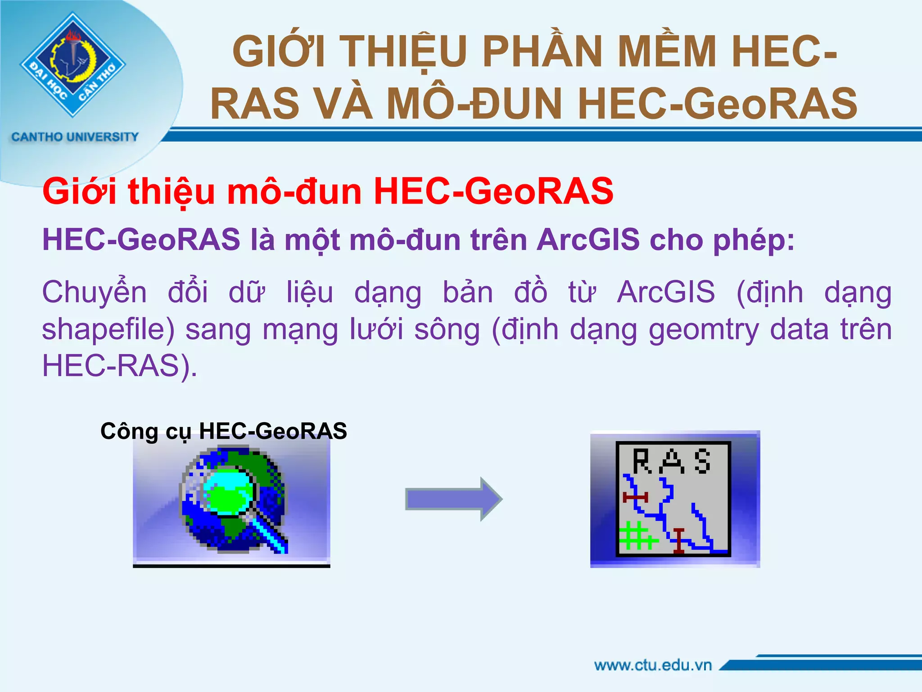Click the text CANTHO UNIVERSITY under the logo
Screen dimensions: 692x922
click(75, 137)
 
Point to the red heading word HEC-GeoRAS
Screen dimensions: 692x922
click(493, 191)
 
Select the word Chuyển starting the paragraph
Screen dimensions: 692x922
click(95, 292)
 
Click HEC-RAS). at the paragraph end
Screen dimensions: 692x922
click(120, 365)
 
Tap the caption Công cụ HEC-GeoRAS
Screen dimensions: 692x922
click(224, 431)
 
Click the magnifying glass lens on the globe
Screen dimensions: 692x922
click(227, 492)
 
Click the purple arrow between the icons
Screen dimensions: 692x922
click(453, 499)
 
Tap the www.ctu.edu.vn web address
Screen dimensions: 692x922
click(653, 665)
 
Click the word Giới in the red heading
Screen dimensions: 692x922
click(79, 191)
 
